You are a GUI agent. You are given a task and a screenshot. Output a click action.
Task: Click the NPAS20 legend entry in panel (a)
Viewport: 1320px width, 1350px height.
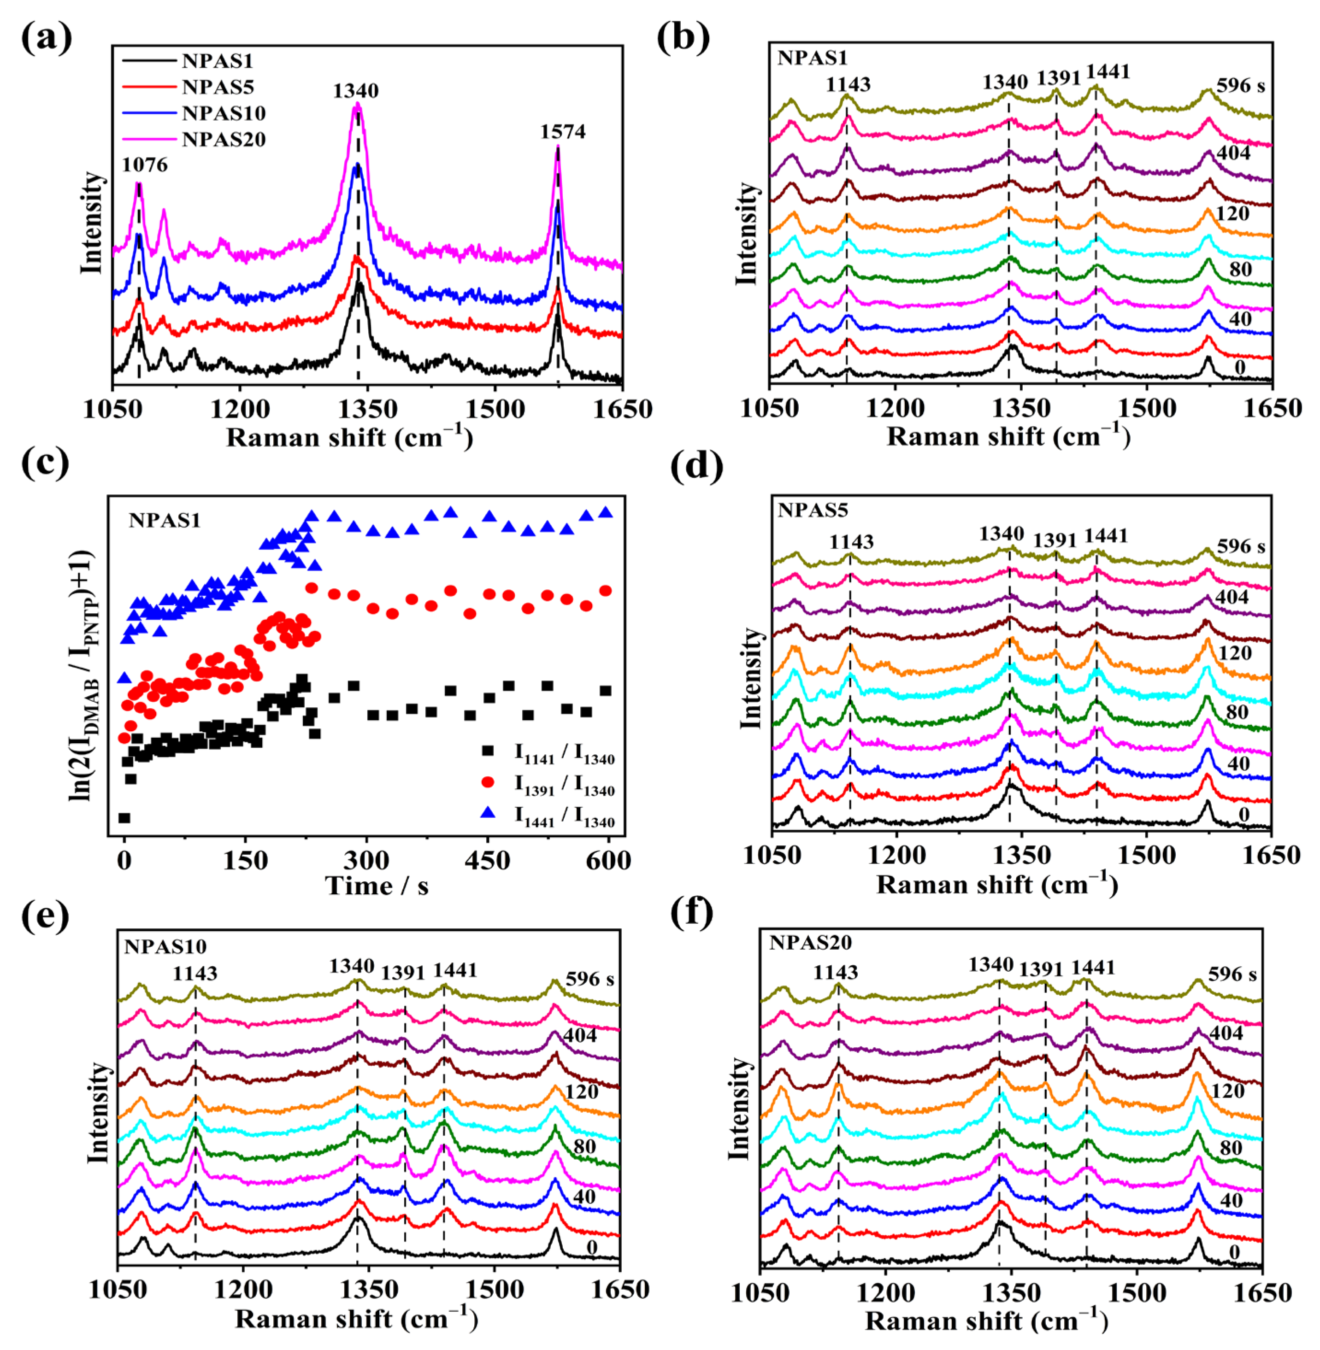(x=223, y=139)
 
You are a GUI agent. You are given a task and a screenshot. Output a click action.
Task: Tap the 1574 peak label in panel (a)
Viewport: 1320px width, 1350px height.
(x=562, y=132)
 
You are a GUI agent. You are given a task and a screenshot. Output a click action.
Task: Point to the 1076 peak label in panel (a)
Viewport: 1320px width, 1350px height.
(x=145, y=165)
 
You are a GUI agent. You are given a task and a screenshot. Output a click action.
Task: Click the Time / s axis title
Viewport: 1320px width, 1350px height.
(x=377, y=886)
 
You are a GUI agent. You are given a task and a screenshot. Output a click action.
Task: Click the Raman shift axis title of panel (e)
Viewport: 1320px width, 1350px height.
(x=356, y=1319)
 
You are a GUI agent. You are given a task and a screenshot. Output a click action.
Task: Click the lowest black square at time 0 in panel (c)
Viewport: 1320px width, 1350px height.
(x=124, y=818)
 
